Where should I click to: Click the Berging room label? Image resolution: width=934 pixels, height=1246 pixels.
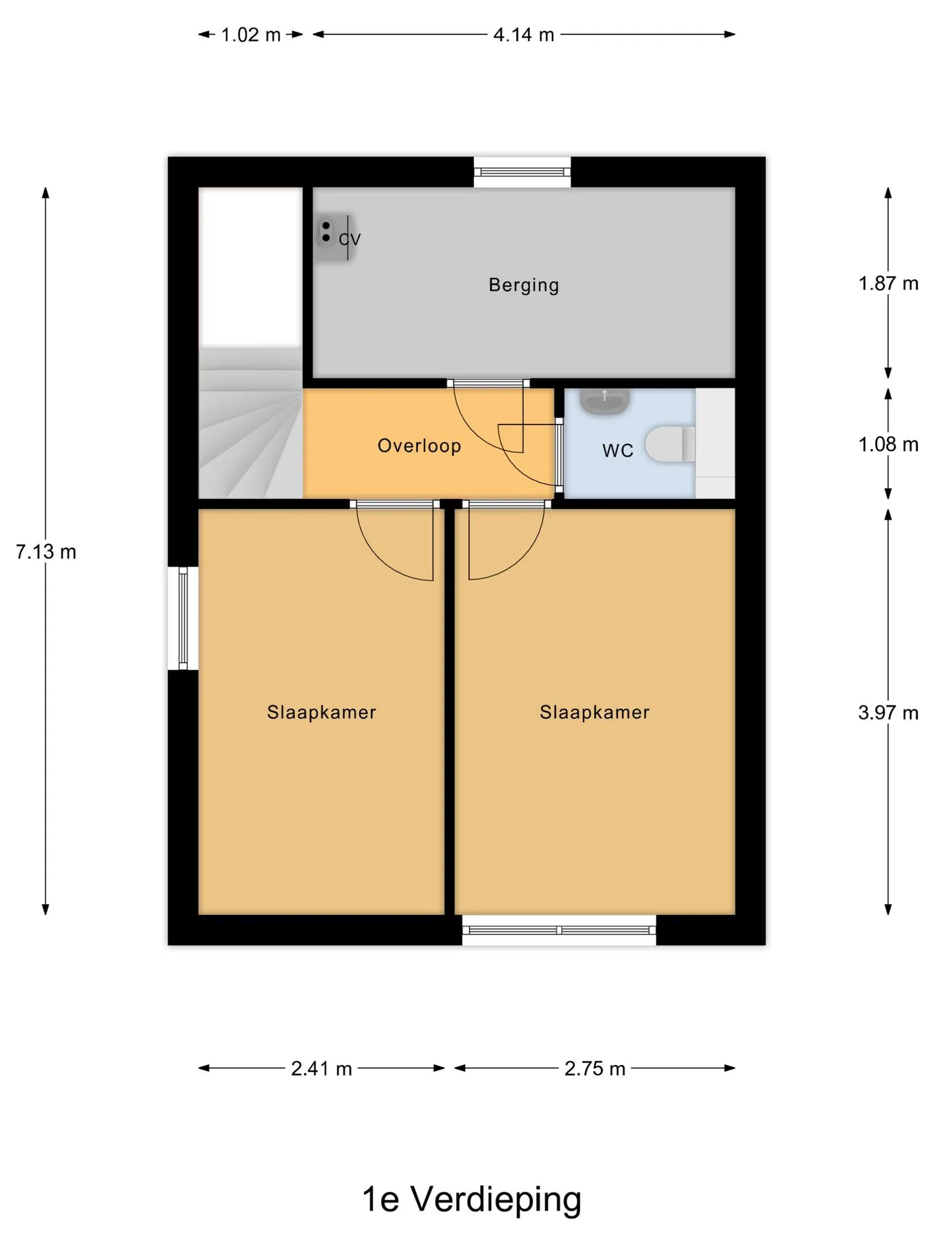tap(523, 285)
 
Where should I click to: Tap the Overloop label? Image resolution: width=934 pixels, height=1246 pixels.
tap(419, 446)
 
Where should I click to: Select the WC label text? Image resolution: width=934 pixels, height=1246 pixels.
tap(617, 450)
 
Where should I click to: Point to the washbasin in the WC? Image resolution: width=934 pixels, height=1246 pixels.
tap(605, 401)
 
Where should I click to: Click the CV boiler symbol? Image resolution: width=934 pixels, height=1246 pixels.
tap(331, 238)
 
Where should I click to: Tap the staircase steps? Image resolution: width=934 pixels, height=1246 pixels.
tap(250, 423)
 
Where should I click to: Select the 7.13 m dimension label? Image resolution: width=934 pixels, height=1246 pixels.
tap(46, 552)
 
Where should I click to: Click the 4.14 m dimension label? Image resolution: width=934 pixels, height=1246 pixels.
tap(523, 35)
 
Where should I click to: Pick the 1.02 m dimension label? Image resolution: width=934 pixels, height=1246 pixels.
tap(251, 35)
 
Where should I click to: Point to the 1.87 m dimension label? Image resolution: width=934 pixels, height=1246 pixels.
tap(889, 284)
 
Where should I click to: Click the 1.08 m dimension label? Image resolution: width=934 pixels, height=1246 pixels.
tap(889, 445)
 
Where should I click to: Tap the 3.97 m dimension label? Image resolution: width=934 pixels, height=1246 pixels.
tap(889, 713)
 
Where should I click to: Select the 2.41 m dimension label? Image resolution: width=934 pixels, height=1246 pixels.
tap(321, 1069)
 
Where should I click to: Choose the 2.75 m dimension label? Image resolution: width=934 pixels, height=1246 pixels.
tap(595, 1069)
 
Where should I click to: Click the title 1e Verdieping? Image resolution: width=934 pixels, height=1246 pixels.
tap(472, 1199)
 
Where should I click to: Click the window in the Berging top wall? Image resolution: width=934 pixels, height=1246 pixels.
tap(522, 172)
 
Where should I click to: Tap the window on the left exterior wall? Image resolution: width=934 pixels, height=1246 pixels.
tap(183, 618)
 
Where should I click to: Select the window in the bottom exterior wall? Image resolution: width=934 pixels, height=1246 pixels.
tap(559, 930)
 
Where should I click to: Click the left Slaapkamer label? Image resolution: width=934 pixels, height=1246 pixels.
tap(322, 713)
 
